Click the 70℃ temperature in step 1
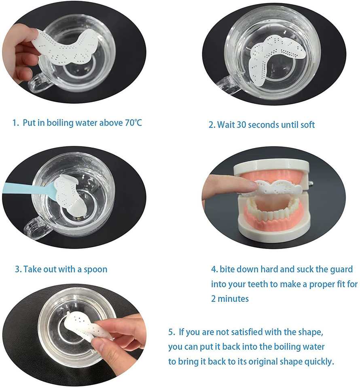(133, 123)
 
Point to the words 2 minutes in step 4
(230, 299)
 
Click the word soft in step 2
(307, 124)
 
